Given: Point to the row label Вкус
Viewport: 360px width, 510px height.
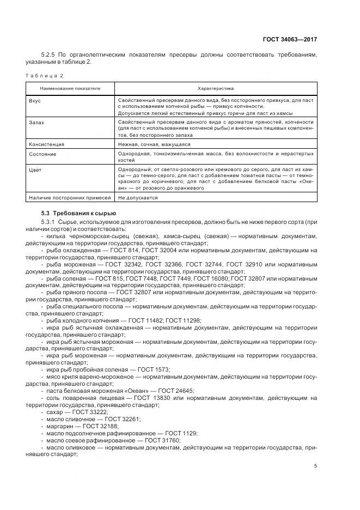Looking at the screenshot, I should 35,101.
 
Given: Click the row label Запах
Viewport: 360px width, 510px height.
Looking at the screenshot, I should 36,123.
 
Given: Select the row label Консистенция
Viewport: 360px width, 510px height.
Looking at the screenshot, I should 46,144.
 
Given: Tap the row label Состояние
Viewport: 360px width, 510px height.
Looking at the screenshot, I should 42,154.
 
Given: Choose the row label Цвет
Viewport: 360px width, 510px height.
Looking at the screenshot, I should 34,170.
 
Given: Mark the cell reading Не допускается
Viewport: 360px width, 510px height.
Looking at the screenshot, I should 138,198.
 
